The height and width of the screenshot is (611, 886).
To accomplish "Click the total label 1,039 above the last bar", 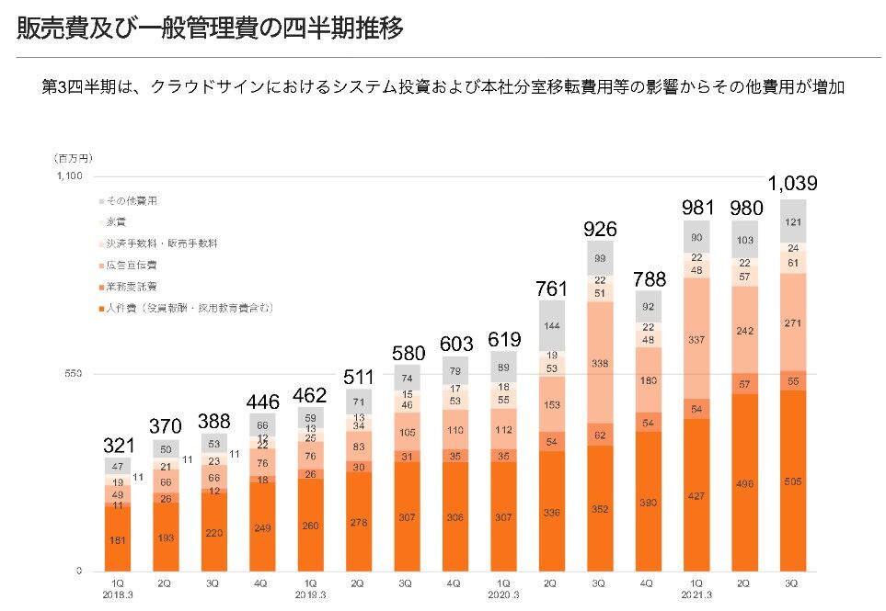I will coord(794,183).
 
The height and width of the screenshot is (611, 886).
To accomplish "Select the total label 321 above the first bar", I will coord(118,446).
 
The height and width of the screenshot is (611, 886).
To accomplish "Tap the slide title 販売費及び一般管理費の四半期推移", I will coord(210,28).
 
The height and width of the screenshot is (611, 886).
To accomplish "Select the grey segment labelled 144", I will coord(549,326).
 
